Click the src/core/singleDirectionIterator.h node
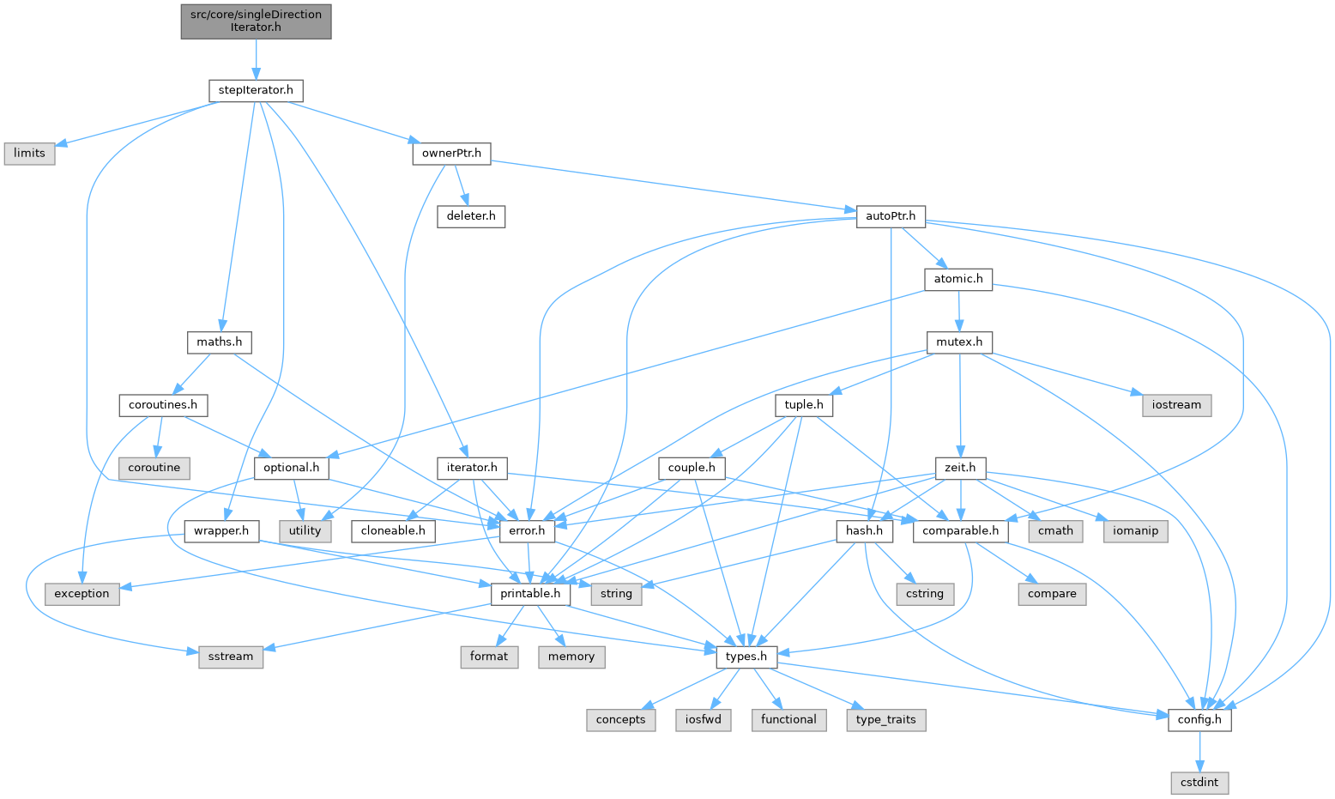(x=256, y=21)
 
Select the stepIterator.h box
(x=256, y=90)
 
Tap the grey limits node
(x=29, y=153)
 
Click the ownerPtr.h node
(x=451, y=154)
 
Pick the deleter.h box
(x=470, y=215)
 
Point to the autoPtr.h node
(x=891, y=216)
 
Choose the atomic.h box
(x=957, y=279)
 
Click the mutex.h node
(x=959, y=342)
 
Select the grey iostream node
(x=1176, y=405)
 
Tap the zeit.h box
(x=960, y=468)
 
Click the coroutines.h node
(x=163, y=404)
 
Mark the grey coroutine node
(x=154, y=468)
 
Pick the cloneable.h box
(x=393, y=530)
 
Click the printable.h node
(x=530, y=593)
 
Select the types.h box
(x=746, y=657)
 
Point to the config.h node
(x=1199, y=719)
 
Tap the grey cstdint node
(x=1199, y=783)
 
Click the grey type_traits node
(x=886, y=719)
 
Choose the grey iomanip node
(x=1135, y=530)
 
